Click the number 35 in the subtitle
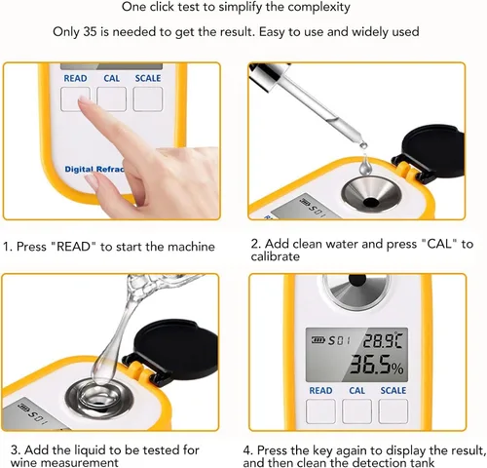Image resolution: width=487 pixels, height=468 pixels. pos(90,32)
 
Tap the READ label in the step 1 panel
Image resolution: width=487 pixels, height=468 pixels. pos(75,78)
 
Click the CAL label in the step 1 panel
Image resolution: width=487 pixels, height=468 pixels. pos(111,78)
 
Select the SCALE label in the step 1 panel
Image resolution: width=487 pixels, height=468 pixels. pos(148,78)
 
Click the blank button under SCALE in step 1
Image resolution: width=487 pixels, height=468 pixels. pos(148,98)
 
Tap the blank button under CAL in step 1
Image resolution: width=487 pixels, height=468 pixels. pos(111,98)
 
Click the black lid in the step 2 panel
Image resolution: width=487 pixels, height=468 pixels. pos(430,150)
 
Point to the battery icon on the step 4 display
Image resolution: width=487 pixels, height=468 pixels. pos(318,340)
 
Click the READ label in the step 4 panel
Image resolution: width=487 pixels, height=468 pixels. pos(320,390)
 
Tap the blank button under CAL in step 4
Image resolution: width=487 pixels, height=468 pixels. pos(356,411)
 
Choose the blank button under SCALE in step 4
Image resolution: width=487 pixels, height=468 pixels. pos(393,411)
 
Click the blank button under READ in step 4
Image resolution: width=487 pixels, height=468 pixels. pos(320,411)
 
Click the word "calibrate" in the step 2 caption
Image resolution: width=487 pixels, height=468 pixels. pos(275,256)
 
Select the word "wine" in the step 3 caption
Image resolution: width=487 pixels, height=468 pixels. pos(23,462)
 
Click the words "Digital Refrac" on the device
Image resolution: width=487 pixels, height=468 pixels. pos(94,170)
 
